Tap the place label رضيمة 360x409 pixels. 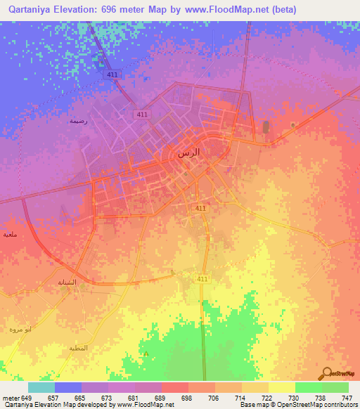tap(77, 121)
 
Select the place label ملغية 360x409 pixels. tap(9, 234)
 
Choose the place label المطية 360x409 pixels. tap(78, 348)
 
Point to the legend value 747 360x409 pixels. tap(346, 397)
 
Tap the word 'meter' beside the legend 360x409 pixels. tap(11, 397)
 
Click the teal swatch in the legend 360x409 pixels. tap(41, 387)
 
